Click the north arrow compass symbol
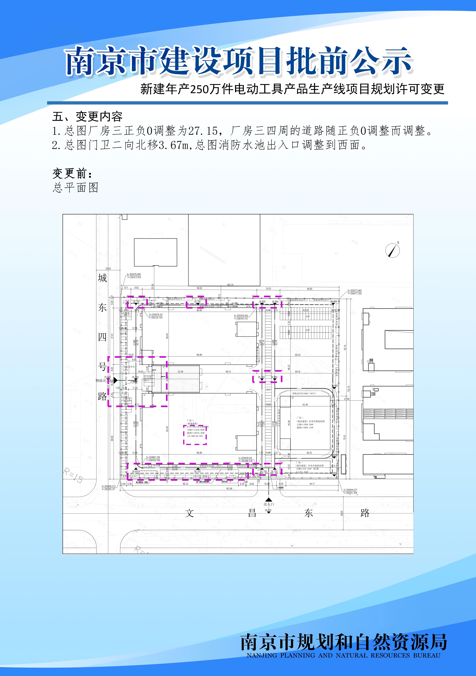pos(393,251)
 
